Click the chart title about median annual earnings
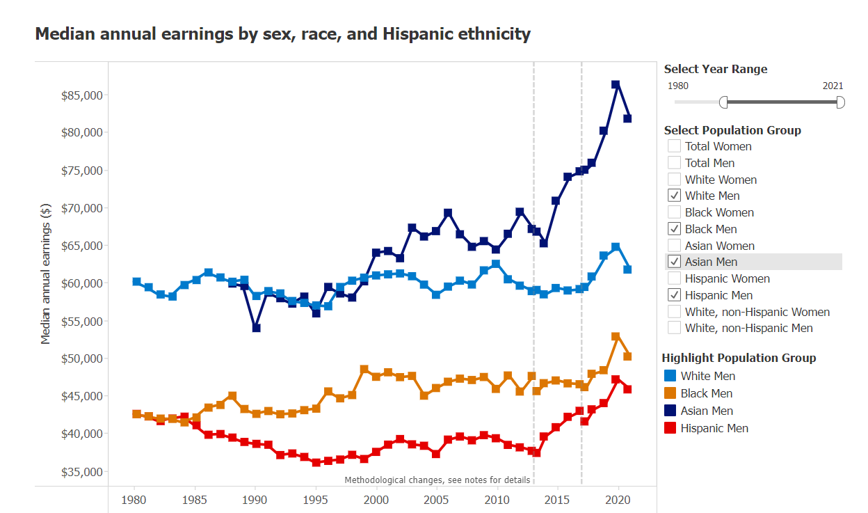(282, 33)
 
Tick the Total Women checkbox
(674, 146)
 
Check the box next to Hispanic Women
(674, 278)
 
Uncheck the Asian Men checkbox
(674, 262)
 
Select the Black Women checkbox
(674, 212)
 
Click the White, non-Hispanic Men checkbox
(674, 328)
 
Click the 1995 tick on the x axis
(316, 500)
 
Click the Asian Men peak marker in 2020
(616, 84)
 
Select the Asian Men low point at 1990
(256, 328)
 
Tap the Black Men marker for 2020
(616, 336)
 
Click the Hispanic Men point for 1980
(136, 414)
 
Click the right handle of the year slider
(840, 102)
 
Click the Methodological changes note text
(437, 480)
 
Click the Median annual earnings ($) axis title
(46, 274)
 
